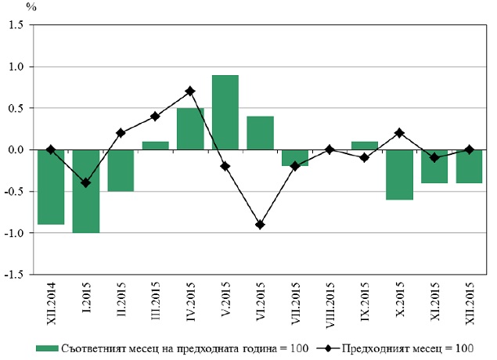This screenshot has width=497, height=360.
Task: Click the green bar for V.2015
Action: point(225,112)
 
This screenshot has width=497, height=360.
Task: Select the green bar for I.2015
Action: point(86,192)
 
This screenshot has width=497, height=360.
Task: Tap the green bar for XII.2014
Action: point(51,187)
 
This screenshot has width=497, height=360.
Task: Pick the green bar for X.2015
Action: point(399,175)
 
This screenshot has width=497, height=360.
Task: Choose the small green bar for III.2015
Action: point(155,146)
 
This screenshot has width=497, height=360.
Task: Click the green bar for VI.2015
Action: point(260,133)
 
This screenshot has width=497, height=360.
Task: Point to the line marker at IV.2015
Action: point(190,92)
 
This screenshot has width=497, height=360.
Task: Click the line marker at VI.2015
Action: point(260,225)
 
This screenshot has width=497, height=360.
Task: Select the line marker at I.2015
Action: point(86,183)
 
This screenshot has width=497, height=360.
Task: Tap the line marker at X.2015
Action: point(399,133)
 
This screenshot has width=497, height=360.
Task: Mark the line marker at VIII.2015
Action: point(330,149)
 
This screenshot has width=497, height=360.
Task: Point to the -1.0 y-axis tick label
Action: point(14,233)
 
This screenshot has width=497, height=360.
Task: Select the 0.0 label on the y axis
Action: point(16,149)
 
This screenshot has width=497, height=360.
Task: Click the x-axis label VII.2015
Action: point(295,303)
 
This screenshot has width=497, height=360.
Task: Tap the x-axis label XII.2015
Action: point(470,303)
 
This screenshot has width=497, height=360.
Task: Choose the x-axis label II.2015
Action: point(121,299)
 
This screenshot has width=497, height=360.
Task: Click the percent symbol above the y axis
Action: point(31,7)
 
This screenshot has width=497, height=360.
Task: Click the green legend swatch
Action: point(47,348)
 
